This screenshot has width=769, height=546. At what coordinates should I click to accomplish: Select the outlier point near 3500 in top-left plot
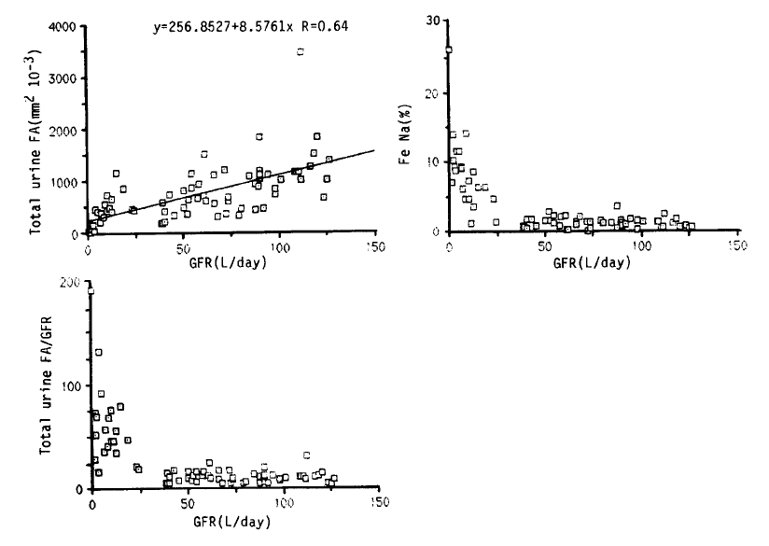tap(301, 52)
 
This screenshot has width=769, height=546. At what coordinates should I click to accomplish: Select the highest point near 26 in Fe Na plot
tap(449, 49)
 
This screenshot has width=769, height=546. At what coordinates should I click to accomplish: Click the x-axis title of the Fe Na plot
tap(592, 262)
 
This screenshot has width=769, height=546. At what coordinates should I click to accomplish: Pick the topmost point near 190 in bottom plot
tap(91, 291)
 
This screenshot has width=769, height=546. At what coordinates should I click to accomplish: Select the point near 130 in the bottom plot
tap(99, 352)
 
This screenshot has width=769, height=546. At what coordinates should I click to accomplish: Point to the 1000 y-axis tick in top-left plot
tap(64, 182)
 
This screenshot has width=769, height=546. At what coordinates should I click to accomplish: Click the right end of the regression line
tap(373, 149)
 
